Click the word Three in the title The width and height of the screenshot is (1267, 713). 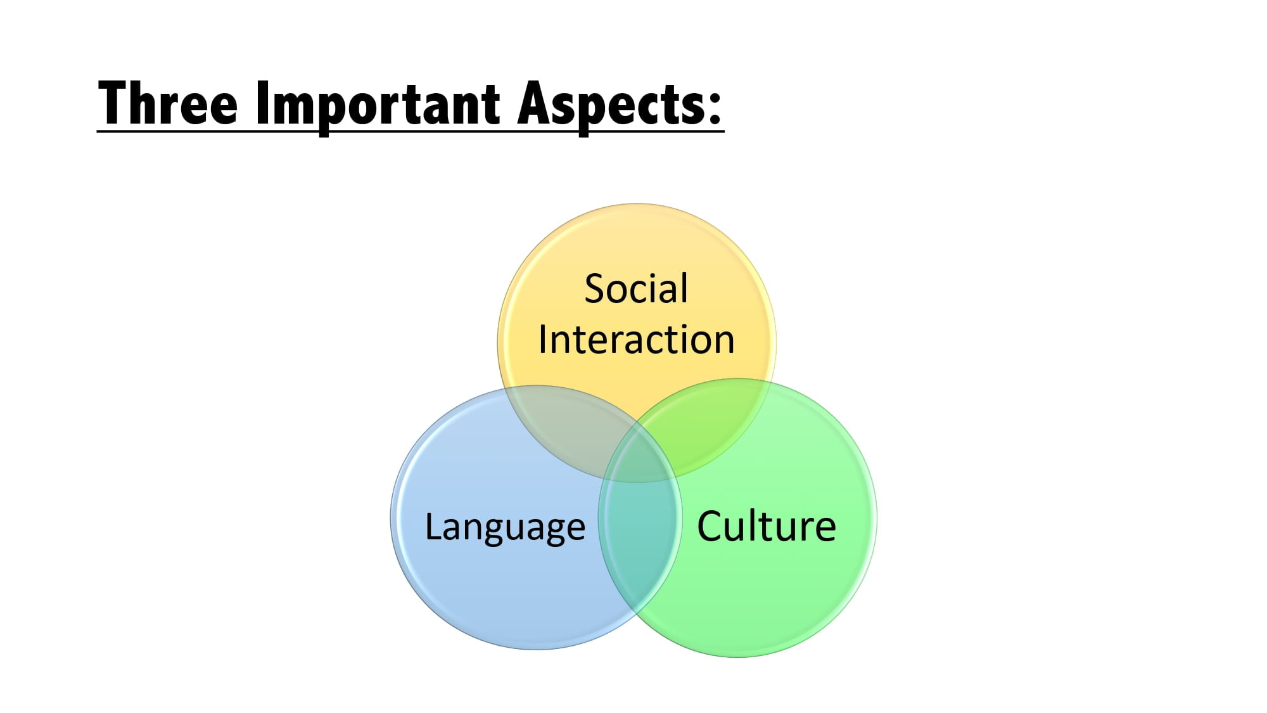coord(168,103)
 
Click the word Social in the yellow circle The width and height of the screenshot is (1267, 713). coord(636,289)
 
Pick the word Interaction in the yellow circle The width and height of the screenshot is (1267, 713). coord(636,340)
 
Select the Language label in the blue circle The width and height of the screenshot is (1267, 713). coord(505,527)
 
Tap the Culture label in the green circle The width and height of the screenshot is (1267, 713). coord(767,526)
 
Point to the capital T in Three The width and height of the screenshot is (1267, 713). coord(114,103)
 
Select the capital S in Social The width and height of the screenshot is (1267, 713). coord(595,289)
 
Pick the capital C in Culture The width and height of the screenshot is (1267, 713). coord(711,526)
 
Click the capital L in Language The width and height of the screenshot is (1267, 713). coord(431,525)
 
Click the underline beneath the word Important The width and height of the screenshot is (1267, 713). coord(379,131)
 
